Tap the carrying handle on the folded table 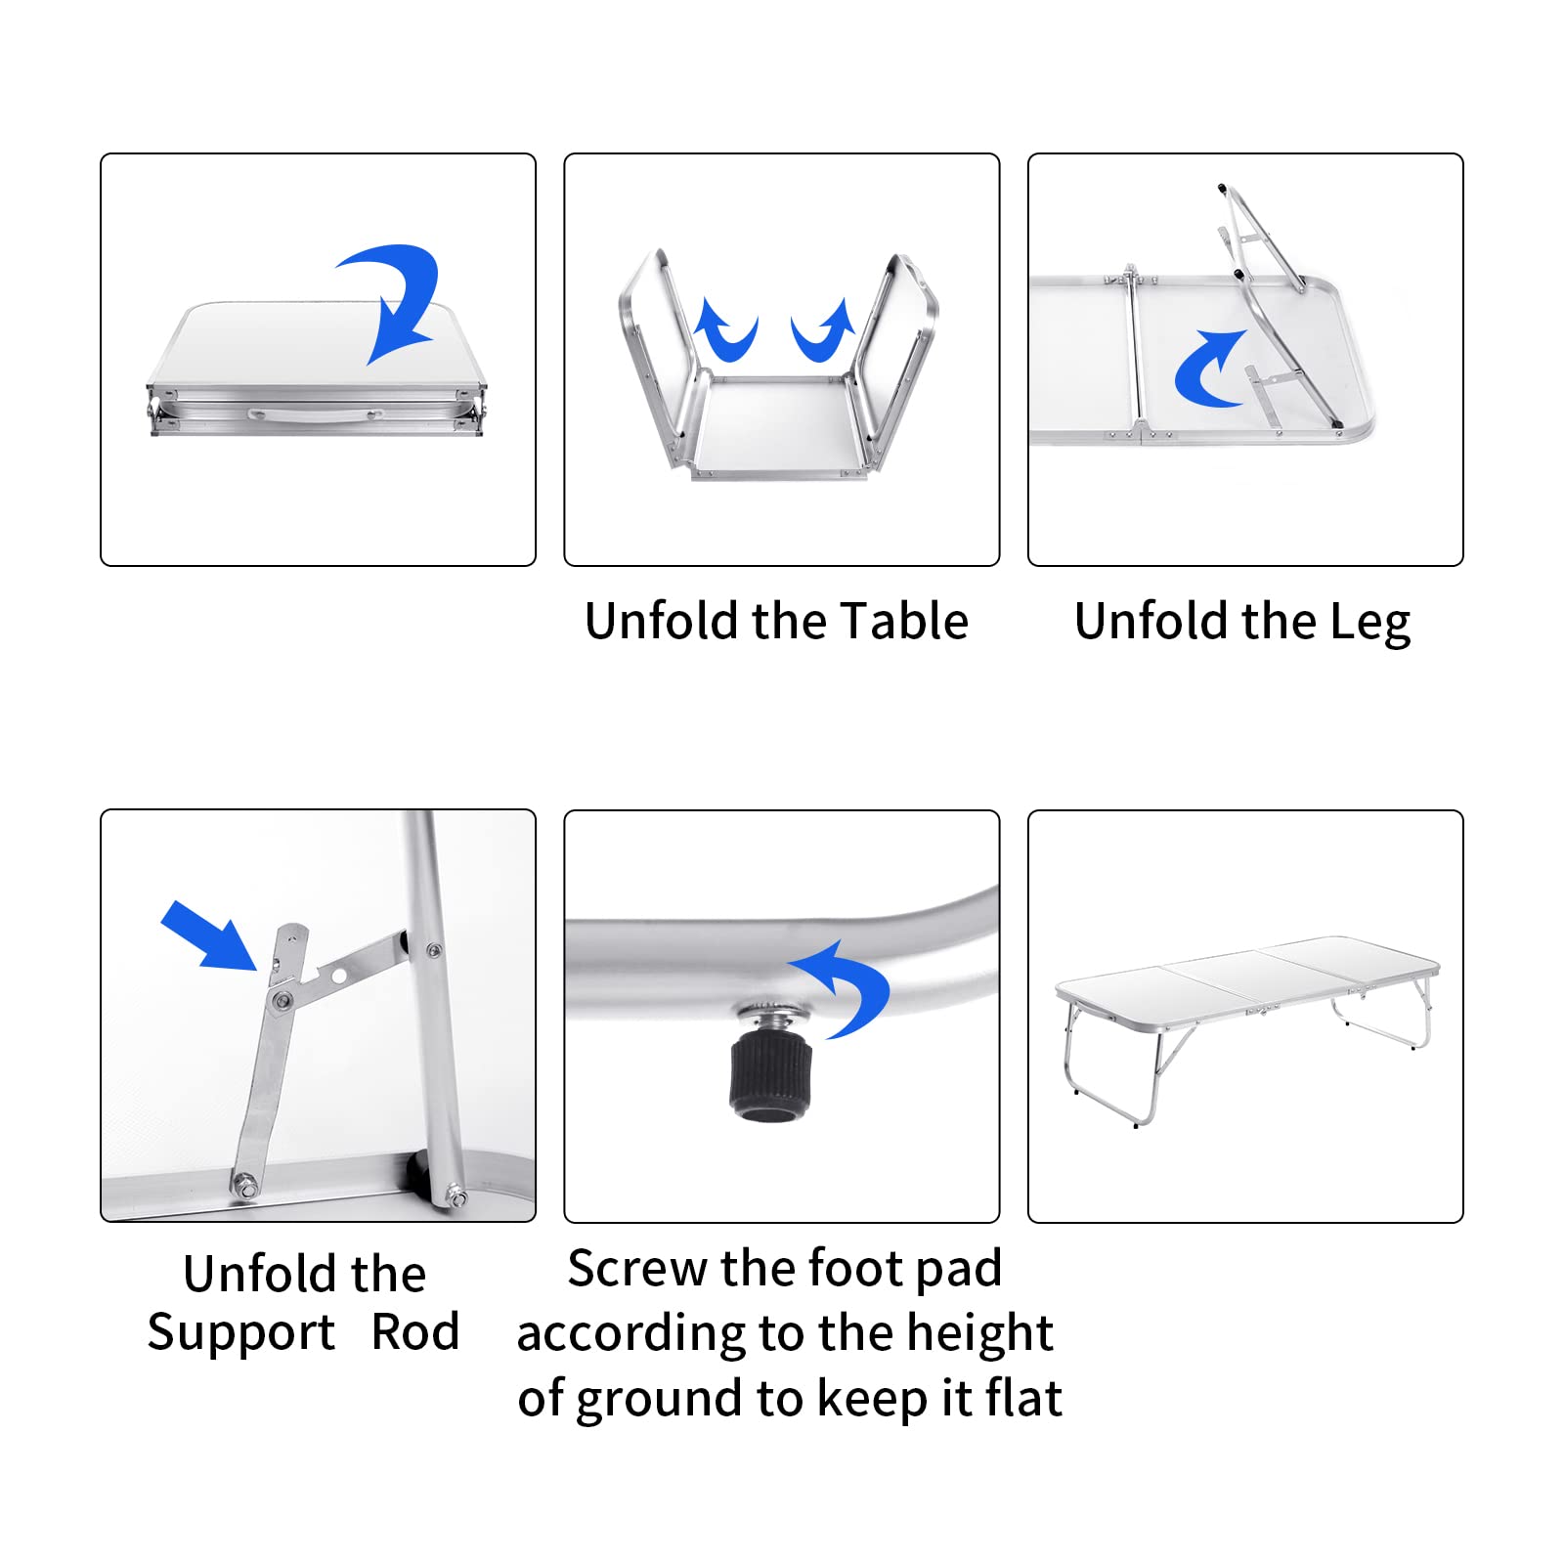point(314,413)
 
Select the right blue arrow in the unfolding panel point(823,330)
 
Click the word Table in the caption point(904,621)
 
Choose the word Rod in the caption point(415,1331)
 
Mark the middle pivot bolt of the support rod point(282,999)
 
